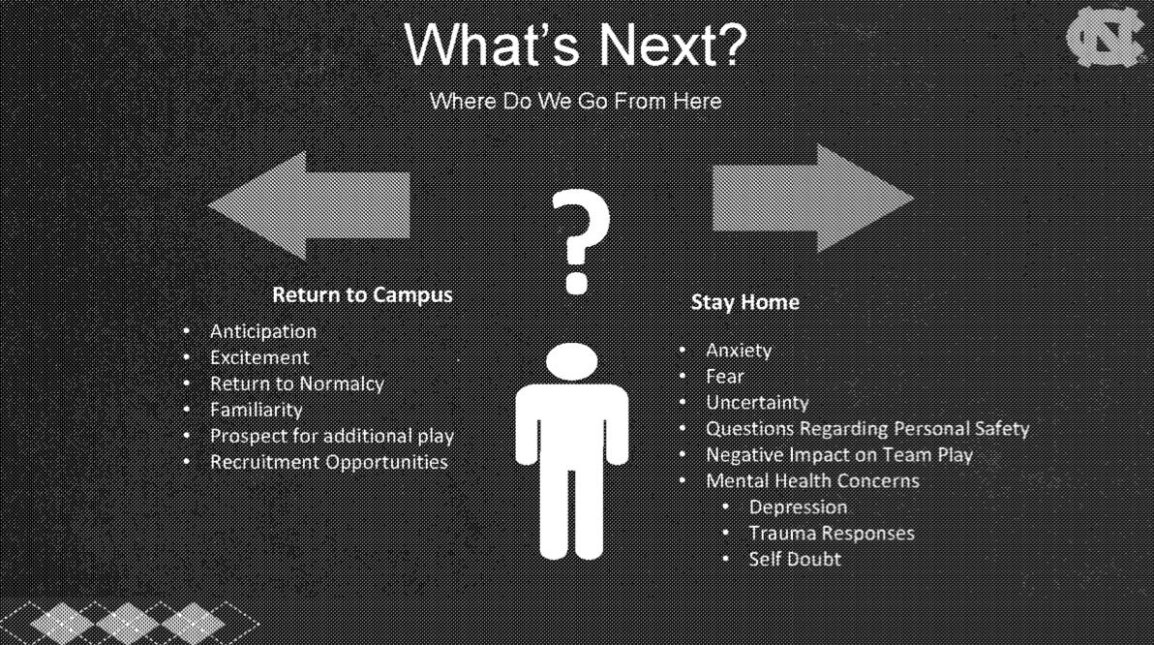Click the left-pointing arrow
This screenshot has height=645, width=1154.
coord(309,205)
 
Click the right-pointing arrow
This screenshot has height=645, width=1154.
coord(812,199)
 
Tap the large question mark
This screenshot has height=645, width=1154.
coord(580,241)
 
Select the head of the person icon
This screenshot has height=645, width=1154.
coord(572,361)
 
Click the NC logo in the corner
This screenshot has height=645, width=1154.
coord(1104,37)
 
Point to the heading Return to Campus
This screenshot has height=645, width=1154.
coord(362,294)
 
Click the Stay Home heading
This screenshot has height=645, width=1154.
coord(744,302)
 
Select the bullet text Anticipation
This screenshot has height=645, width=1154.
coord(262,331)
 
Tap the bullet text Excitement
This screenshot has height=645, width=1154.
coord(259,357)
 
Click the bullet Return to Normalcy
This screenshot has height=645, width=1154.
coord(296,384)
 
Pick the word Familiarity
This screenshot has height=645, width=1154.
coord(257,410)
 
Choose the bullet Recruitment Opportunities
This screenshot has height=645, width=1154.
coord(329,462)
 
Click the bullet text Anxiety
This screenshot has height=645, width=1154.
coord(738,351)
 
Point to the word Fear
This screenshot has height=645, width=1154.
coord(724,376)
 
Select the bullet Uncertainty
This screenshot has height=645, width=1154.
coord(757,403)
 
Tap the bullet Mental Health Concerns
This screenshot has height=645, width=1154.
coord(812,480)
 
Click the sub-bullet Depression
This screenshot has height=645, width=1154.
coord(798,507)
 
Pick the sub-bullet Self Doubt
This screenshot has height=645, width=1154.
coord(795,559)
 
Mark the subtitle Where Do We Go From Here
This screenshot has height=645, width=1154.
coord(575,101)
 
